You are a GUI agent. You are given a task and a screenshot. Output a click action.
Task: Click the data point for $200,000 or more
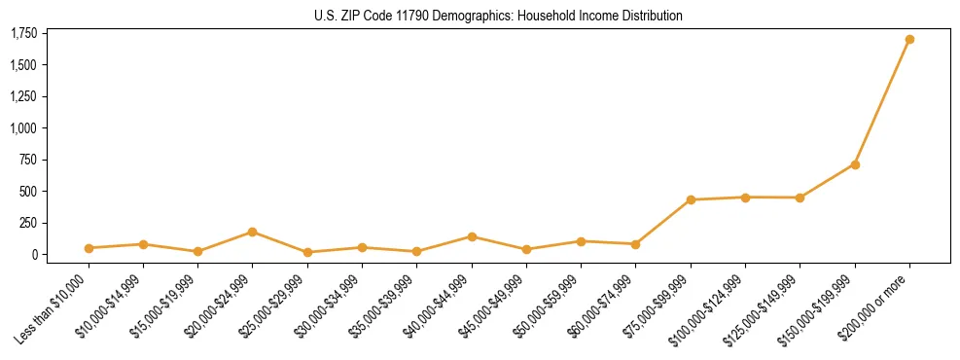(909, 40)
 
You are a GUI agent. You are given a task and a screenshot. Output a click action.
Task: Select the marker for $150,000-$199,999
(855, 164)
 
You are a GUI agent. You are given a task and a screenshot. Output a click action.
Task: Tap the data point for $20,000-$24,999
(252, 232)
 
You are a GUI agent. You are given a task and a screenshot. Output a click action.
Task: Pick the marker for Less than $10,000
(89, 248)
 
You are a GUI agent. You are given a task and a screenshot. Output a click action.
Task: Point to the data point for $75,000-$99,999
(691, 200)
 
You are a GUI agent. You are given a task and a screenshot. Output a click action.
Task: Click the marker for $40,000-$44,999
(472, 236)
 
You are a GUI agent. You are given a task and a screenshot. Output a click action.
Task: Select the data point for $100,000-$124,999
(745, 198)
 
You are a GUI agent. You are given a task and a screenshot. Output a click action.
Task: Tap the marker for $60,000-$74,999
(635, 244)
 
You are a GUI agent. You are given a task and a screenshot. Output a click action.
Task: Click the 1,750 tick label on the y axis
(24, 34)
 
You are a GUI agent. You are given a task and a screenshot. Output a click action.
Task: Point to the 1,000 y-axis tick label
(24, 128)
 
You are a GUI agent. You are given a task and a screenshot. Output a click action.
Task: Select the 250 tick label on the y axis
(28, 223)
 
